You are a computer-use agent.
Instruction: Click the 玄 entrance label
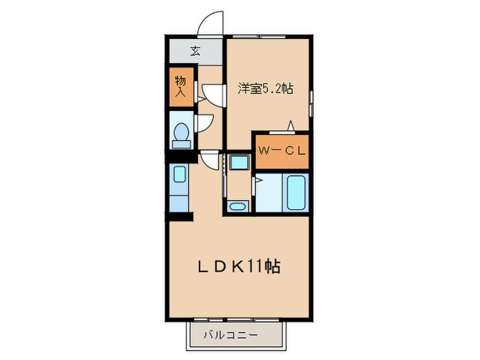tap(195, 51)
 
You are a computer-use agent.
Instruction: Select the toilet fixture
tap(182, 133)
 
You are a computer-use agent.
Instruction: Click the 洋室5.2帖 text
tap(266, 88)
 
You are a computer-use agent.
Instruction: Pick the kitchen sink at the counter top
tap(178, 176)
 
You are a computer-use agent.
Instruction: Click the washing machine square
tap(239, 163)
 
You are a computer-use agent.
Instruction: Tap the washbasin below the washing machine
tap(238, 206)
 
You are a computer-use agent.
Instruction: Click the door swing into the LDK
tap(210, 160)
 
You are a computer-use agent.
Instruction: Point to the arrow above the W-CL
tap(290, 125)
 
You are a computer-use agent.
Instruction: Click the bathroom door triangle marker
tap(258, 181)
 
